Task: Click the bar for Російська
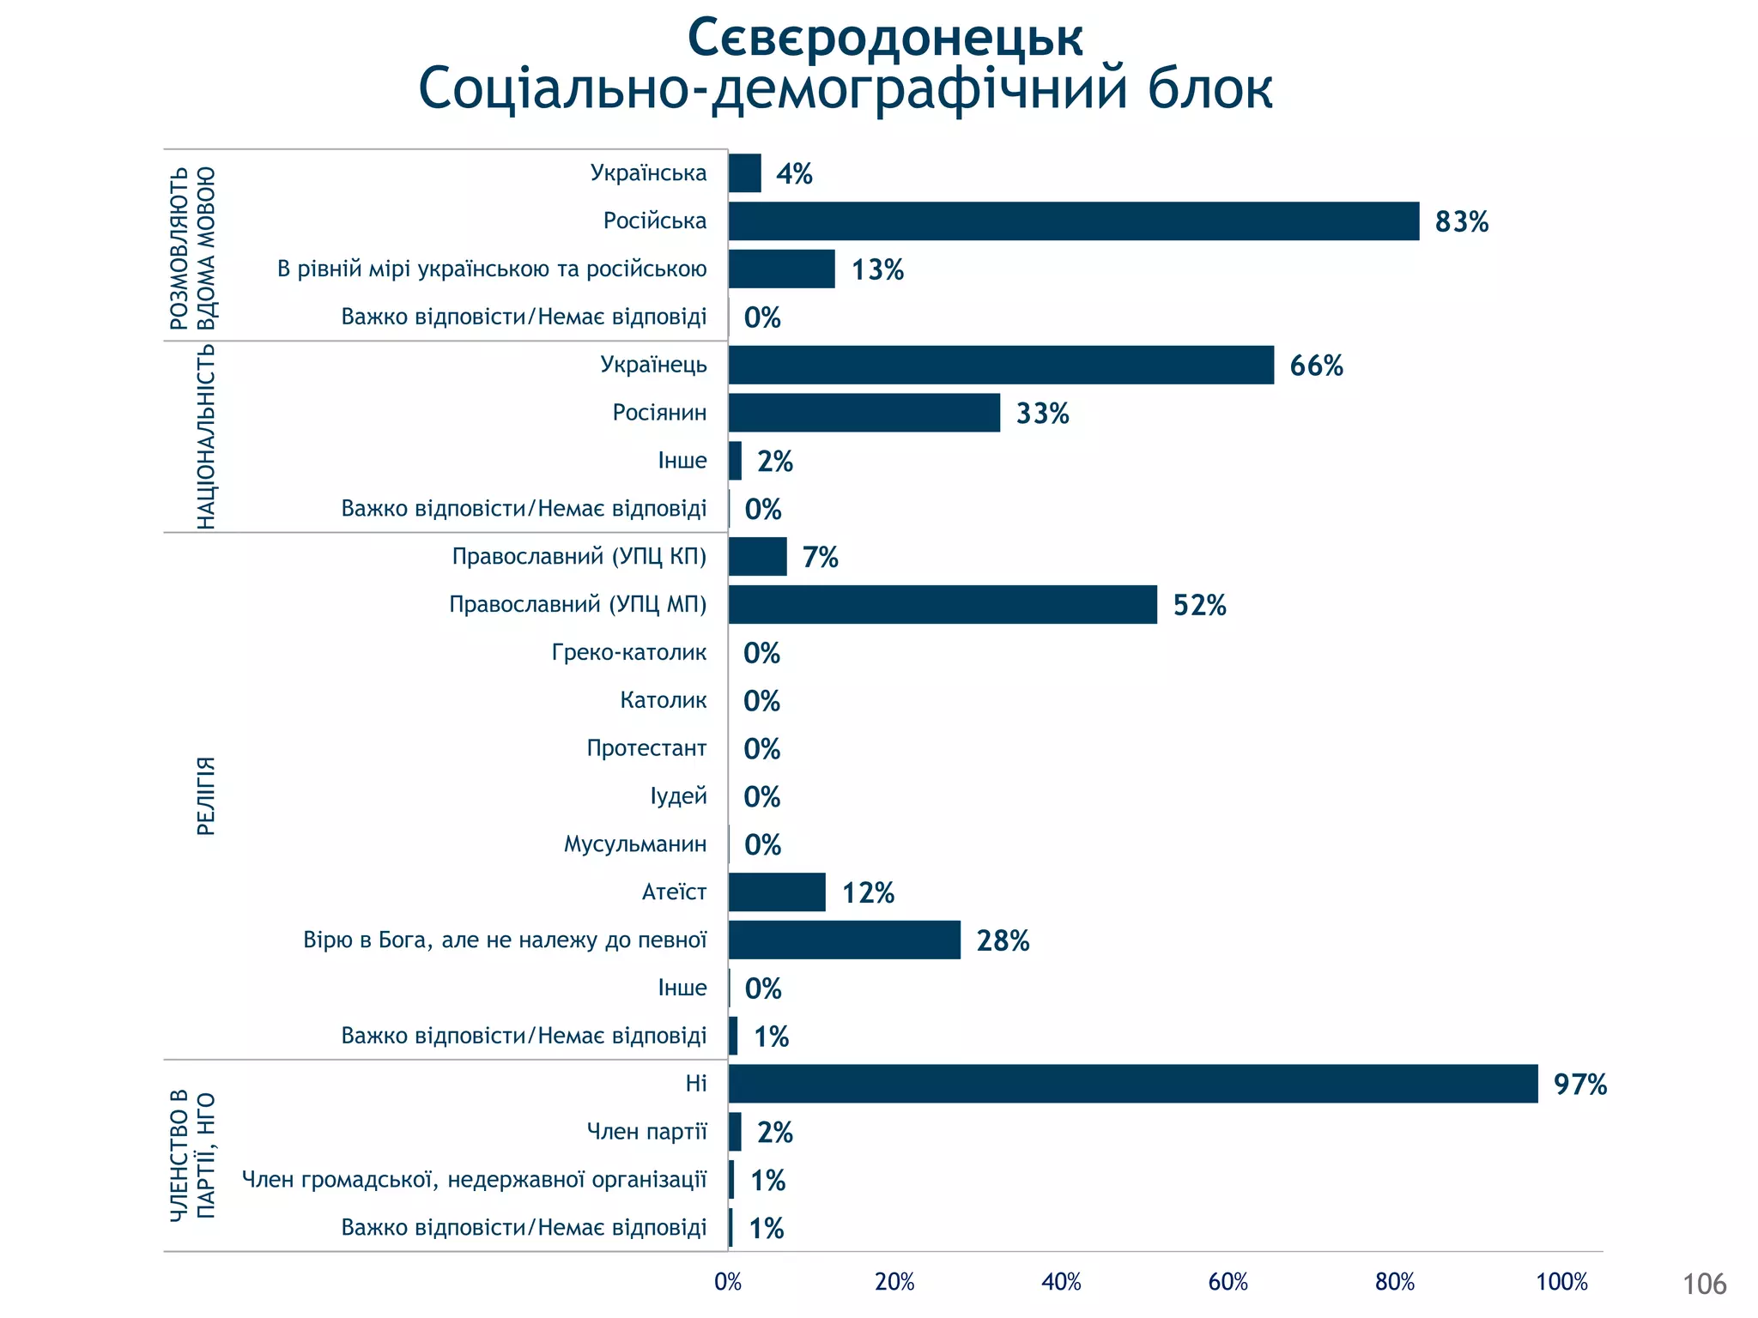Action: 1073,221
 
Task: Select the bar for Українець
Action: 1001,366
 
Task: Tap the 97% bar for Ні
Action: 1133,1084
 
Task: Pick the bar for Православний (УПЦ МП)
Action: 943,605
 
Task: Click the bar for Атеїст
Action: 777,892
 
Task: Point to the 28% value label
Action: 1003,941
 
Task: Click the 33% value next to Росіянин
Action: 1042,414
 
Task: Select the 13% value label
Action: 877,270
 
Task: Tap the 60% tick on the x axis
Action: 1228,1283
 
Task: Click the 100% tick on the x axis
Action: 1561,1283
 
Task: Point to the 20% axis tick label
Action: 894,1283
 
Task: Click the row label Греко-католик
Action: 629,653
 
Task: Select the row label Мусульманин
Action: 635,844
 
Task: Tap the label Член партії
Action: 647,1132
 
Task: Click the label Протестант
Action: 646,748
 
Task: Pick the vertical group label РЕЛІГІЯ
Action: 206,796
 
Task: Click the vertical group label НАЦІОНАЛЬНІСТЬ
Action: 206,436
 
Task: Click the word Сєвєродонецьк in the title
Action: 885,38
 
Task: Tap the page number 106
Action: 1704,1285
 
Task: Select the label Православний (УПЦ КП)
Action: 579,557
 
